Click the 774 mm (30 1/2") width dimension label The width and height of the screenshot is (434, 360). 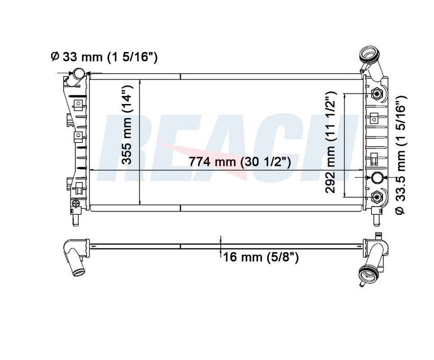[240, 161]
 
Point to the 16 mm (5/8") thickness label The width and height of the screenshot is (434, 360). [261, 257]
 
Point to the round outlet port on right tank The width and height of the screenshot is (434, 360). [377, 178]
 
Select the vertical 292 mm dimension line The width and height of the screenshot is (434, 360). [345, 145]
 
